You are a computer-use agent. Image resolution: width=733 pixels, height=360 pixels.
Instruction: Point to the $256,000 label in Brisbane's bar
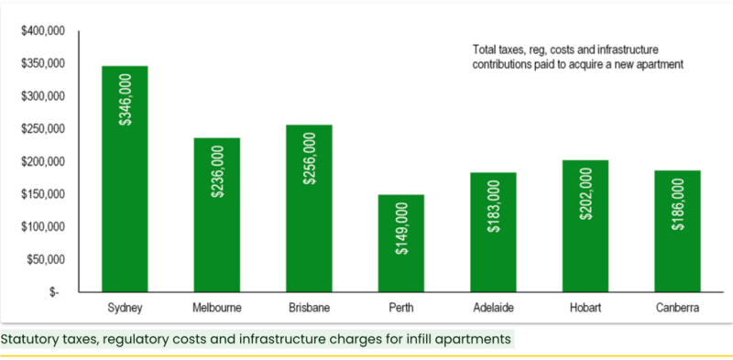[x=309, y=158]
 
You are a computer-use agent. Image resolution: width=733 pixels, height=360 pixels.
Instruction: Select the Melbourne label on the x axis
[x=216, y=309]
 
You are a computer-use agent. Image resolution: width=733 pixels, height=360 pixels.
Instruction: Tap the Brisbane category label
[x=309, y=309]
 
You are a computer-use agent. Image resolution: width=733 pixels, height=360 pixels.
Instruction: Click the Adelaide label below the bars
[x=492, y=309]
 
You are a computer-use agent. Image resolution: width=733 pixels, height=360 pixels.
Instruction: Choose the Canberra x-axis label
[x=677, y=309]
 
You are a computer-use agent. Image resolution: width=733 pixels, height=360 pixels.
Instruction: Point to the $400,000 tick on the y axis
[x=43, y=31]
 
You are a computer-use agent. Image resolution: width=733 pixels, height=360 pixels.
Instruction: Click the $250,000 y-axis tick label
[x=43, y=129]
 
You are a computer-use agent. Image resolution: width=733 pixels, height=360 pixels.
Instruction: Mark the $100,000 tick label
[x=43, y=227]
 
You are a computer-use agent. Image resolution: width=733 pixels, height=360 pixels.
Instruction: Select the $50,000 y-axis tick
[x=46, y=260]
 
